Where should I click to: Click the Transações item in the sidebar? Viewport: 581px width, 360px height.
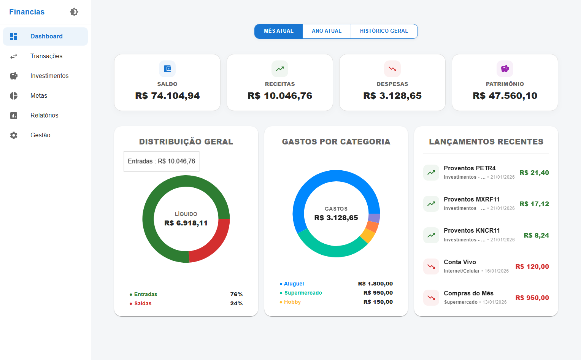(x=46, y=56)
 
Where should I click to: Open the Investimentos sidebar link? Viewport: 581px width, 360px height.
(x=49, y=76)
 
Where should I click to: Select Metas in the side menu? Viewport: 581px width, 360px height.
(x=38, y=95)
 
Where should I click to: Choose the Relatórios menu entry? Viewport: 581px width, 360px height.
(x=44, y=115)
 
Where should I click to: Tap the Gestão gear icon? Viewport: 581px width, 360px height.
(x=14, y=135)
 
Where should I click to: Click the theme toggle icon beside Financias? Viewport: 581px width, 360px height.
(x=74, y=12)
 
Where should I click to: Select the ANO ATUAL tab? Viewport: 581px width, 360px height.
(x=326, y=31)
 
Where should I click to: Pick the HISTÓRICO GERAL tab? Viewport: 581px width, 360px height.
(x=384, y=31)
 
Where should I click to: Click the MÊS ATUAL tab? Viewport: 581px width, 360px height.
(x=278, y=31)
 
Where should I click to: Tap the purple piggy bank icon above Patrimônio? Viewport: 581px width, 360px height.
(x=505, y=69)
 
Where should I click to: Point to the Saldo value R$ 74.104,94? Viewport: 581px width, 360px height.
(x=167, y=96)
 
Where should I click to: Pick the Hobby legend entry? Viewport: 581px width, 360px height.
(x=292, y=302)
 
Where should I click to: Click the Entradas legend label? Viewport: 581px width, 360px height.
(x=145, y=294)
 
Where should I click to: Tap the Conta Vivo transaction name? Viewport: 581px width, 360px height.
(x=460, y=262)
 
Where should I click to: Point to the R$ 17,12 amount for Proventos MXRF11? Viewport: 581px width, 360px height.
(x=534, y=204)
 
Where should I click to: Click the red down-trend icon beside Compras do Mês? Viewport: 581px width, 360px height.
(x=431, y=298)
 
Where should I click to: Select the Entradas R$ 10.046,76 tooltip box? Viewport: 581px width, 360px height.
(x=161, y=161)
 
